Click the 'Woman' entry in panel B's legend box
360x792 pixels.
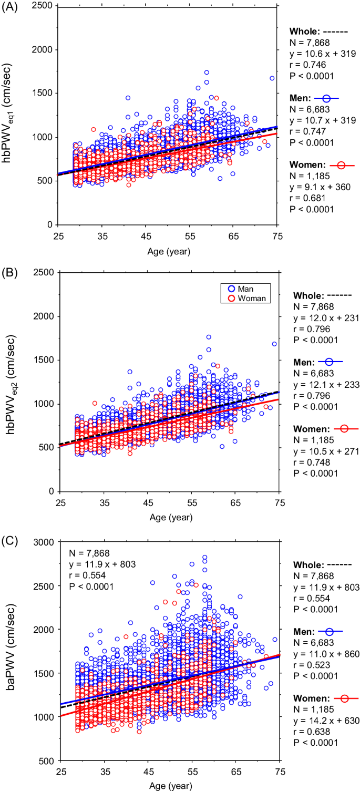[254, 298]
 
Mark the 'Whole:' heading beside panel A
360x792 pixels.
[304, 31]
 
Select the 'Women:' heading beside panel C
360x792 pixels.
[306, 698]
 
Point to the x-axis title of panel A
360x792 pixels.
[169, 252]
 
